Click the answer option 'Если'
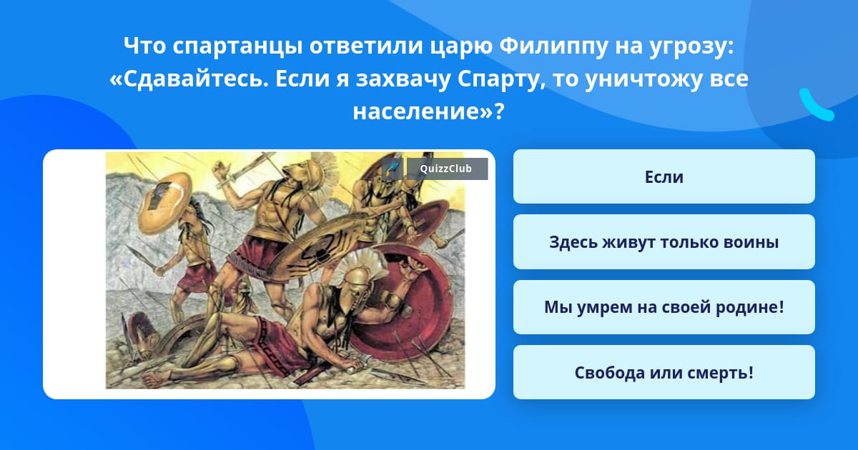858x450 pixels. pyautogui.click(x=664, y=177)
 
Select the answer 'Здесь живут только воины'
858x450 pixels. pyautogui.click(x=664, y=242)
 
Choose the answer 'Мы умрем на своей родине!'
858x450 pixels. pyautogui.click(x=664, y=307)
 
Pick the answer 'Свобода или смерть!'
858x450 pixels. pyautogui.click(x=664, y=372)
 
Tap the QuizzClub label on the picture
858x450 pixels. pyautogui.click(x=447, y=169)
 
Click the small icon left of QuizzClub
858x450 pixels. pyautogui.click(x=392, y=169)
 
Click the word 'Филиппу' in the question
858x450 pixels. pyautogui.click(x=553, y=46)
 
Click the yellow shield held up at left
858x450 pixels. pyautogui.click(x=164, y=203)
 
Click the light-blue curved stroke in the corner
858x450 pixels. pyautogui.click(x=817, y=105)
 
